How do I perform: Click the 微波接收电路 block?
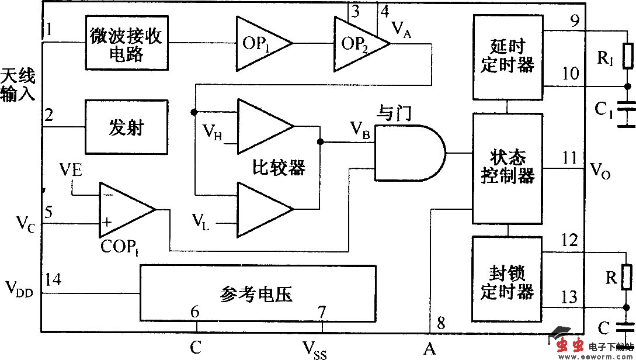[126, 43]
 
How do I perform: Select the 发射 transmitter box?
[126, 127]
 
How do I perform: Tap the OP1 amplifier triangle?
[260, 44]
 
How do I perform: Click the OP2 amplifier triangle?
[358, 44]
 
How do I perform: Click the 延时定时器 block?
[507, 57]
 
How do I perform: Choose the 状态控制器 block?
[507, 168]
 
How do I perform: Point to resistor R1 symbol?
[628, 57]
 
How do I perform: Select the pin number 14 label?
[53, 279]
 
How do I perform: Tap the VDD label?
[19, 288]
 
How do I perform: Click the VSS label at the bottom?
[314, 351]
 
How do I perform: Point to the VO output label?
[601, 171]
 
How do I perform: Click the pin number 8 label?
[441, 323]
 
